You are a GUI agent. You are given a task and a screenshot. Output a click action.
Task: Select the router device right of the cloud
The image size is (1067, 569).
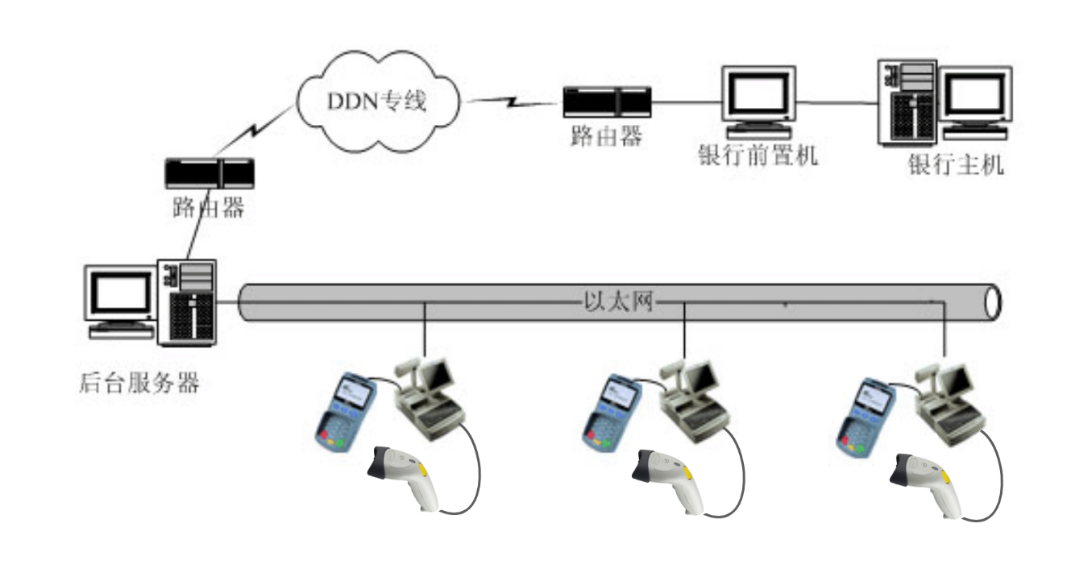[x=607, y=102]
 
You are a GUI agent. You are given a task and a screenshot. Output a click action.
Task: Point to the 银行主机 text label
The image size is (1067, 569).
[x=957, y=165]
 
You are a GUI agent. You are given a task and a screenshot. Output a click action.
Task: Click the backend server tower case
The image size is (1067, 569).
[x=187, y=302]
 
